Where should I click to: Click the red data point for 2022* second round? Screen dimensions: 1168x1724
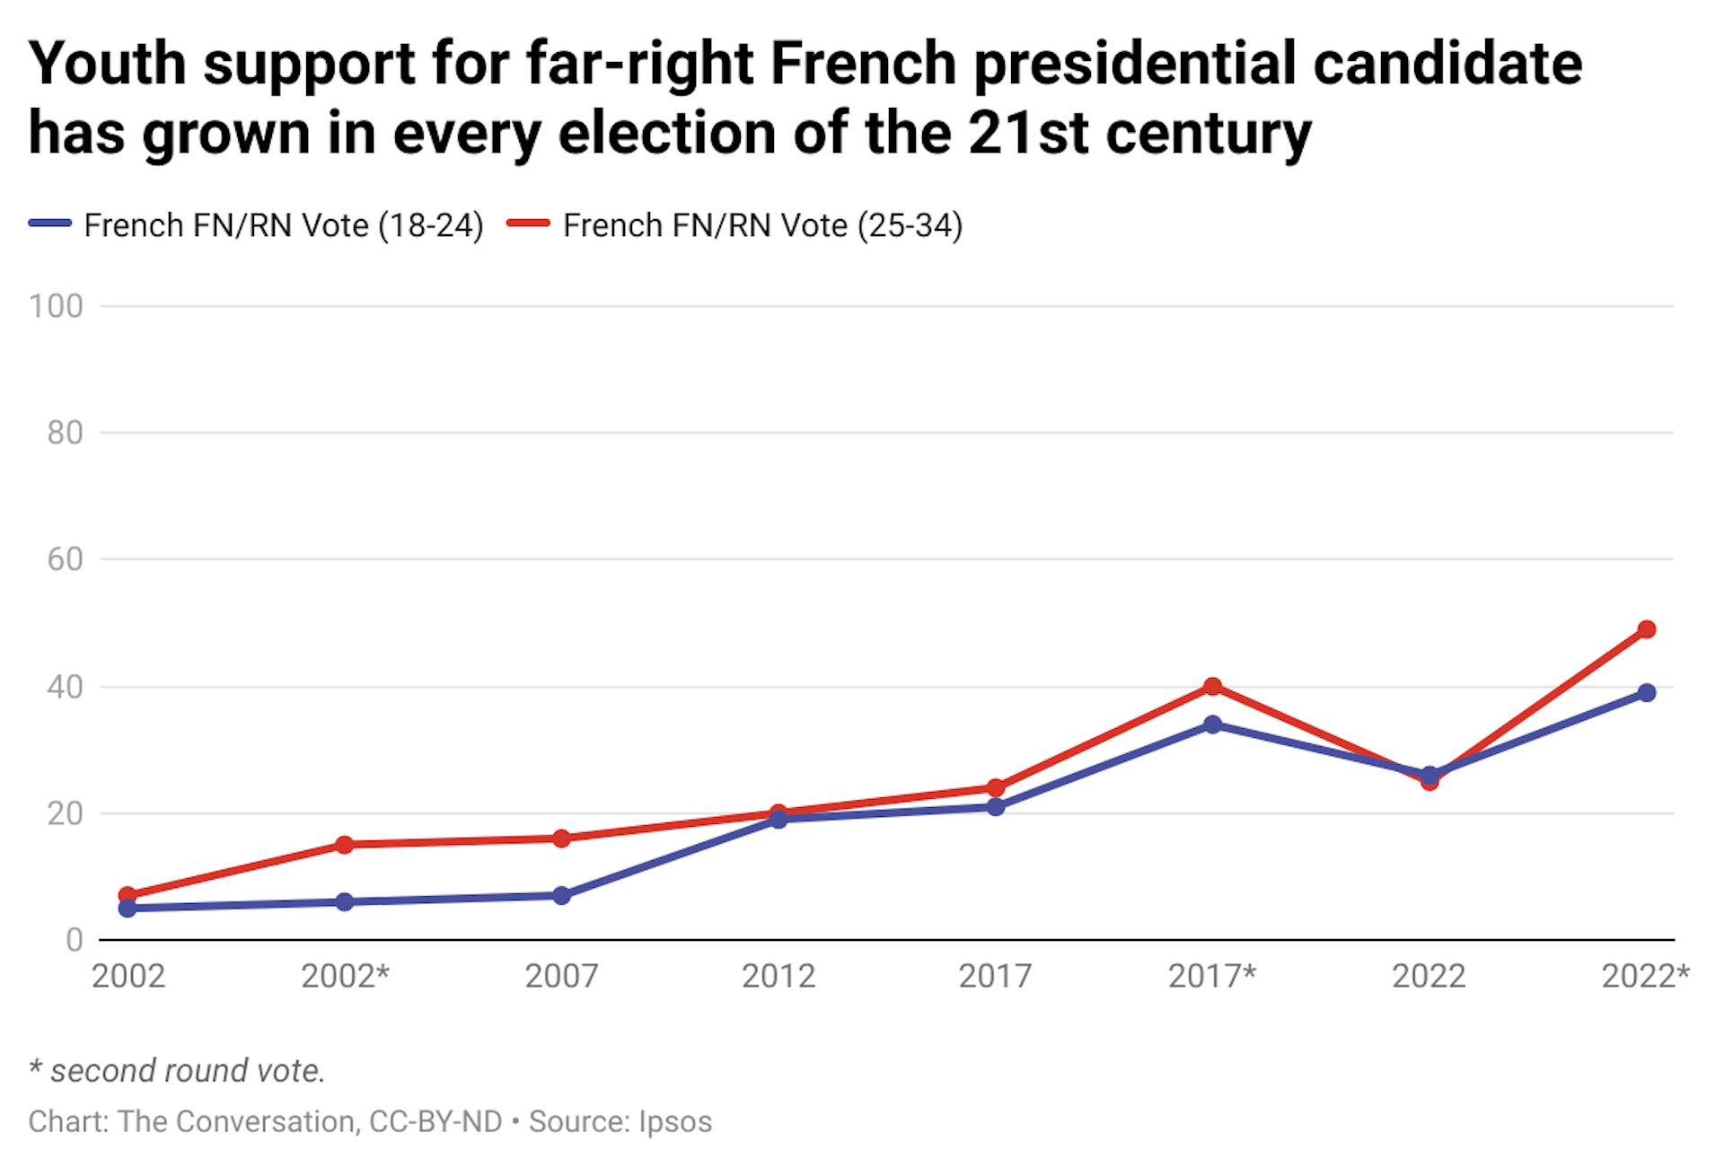coord(1646,629)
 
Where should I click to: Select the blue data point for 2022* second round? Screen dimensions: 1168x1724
coord(1646,692)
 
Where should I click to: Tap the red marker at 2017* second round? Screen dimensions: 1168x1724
coord(1212,686)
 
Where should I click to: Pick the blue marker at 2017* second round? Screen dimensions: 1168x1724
coord(1212,724)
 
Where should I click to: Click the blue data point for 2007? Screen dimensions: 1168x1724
coord(561,895)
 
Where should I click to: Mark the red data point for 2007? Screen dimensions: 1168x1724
coord(561,838)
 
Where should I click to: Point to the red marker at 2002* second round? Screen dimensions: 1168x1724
coord(344,844)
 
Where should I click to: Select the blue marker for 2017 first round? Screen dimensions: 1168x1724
coord(995,807)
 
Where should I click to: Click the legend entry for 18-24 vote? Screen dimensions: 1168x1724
coord(257,225)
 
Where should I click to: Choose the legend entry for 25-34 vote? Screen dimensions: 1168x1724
coord(735,225)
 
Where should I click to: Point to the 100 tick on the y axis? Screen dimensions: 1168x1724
coord(56,306)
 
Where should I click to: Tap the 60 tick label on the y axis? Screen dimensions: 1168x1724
coord(65,559)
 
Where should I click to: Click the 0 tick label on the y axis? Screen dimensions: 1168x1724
coord(74,940)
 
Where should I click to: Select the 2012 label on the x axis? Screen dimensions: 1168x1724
coord(778,976)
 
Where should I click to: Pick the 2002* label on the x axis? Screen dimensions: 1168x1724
coord(345,976)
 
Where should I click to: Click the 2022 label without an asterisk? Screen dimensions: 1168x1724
coord(1429,976)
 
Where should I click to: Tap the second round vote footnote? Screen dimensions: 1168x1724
coord(177,1070)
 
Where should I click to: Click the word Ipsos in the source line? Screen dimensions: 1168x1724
coord(674,1121)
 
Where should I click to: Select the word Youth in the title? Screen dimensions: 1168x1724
coord(108,65)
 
